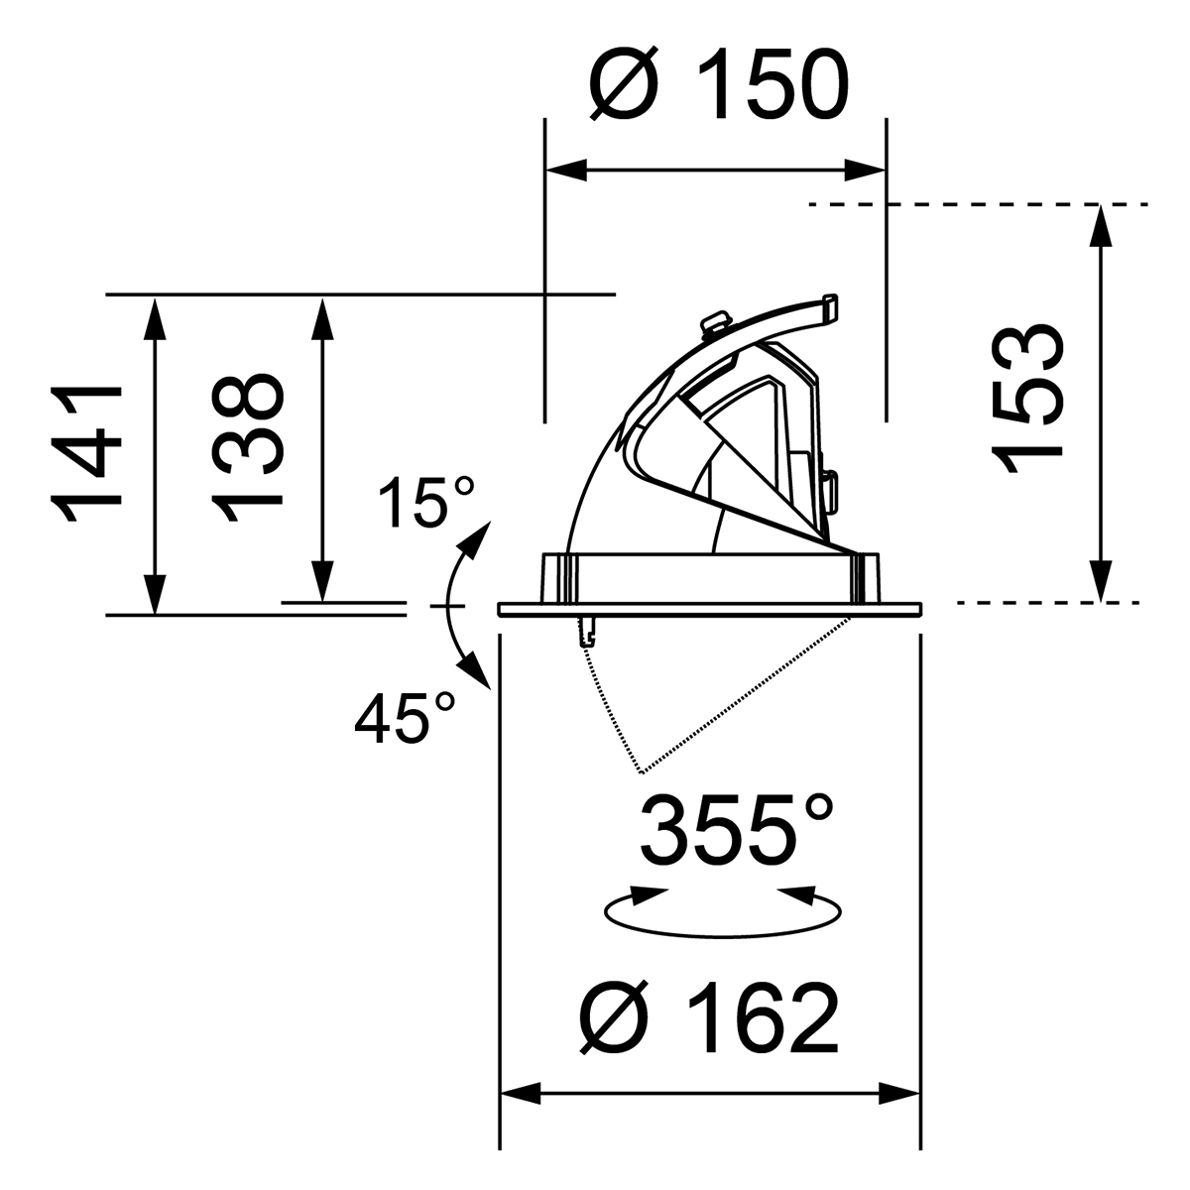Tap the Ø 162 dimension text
709,1017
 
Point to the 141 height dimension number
89,455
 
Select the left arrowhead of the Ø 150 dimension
566,171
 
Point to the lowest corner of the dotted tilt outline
642,772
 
